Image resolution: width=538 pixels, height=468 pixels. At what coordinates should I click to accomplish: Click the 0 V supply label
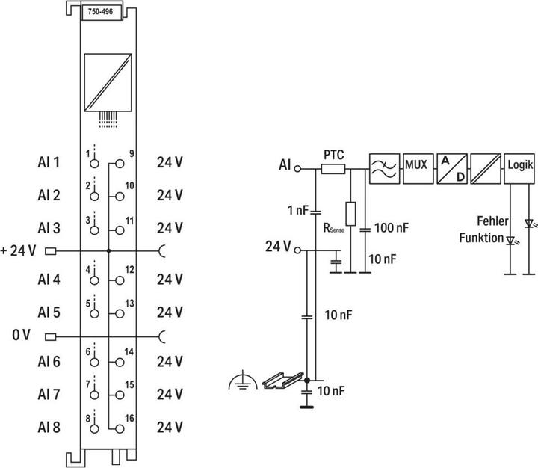[21, 334]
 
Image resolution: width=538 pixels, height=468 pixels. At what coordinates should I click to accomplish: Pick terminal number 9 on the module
[131, 155]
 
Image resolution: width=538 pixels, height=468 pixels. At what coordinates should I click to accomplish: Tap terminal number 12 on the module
[130, 270]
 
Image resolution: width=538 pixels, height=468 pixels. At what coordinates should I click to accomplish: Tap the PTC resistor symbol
[333, 169]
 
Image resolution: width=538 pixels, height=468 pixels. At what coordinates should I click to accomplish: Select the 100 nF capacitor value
[390, 227]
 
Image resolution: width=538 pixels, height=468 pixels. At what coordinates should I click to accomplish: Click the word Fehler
[493, 221]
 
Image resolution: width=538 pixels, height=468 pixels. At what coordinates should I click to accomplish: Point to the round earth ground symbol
[241, 383]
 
